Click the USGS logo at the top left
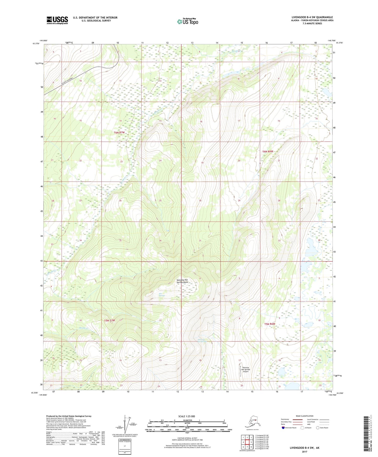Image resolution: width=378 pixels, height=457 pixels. (57, 20)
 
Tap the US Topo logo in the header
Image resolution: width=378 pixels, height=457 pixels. (187, 21)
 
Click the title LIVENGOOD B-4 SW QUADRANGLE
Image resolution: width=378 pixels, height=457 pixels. (312, 17)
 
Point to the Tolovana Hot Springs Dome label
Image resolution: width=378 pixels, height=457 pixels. (182, 281)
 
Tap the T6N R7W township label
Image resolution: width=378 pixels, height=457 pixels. (119, 133)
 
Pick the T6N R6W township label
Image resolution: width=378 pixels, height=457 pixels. (268, 152)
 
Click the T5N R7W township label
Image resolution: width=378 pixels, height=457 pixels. (110, 321)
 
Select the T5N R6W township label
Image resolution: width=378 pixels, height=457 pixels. (269, 324)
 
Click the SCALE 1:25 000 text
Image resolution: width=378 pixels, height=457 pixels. (187, 416)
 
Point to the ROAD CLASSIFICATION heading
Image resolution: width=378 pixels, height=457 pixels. (304, 416)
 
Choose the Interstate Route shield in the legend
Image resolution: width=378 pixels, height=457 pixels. (283, 428)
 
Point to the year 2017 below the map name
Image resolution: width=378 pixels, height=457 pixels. (304, 452)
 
